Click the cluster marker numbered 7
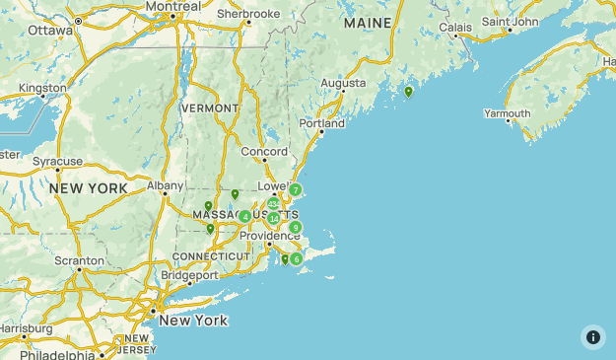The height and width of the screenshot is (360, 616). (x=295, y=189)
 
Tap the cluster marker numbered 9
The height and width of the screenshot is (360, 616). (x=295, y=227)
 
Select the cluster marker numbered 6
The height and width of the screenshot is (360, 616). (x=297, y=258)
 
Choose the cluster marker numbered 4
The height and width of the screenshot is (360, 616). (x=244, y=216)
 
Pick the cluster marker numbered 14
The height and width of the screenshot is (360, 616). (x=273, y=218)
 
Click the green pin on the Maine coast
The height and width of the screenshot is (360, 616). (x=408, y=92)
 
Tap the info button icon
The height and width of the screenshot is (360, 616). (x=592, y=336)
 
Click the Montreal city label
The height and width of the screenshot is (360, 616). (x=172, y=6)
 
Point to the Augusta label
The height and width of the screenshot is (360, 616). (x=343, y=83)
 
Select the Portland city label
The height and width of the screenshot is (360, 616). (x=322, y=124)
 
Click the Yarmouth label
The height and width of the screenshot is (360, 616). (x=507, y=113)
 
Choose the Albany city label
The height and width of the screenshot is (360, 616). (x=165, y=184)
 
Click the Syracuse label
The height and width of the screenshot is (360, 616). (x=57, y=161)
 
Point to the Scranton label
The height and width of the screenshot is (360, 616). (x=80, y=261)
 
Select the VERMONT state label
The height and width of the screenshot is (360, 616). (x=210, y=108)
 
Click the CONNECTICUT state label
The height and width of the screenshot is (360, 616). (x=211, y=256)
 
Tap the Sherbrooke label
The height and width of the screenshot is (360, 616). (x=248, y=14)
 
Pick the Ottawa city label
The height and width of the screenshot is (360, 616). (x=50, y=30)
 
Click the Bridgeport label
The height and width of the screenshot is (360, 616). (x=188, y=276)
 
